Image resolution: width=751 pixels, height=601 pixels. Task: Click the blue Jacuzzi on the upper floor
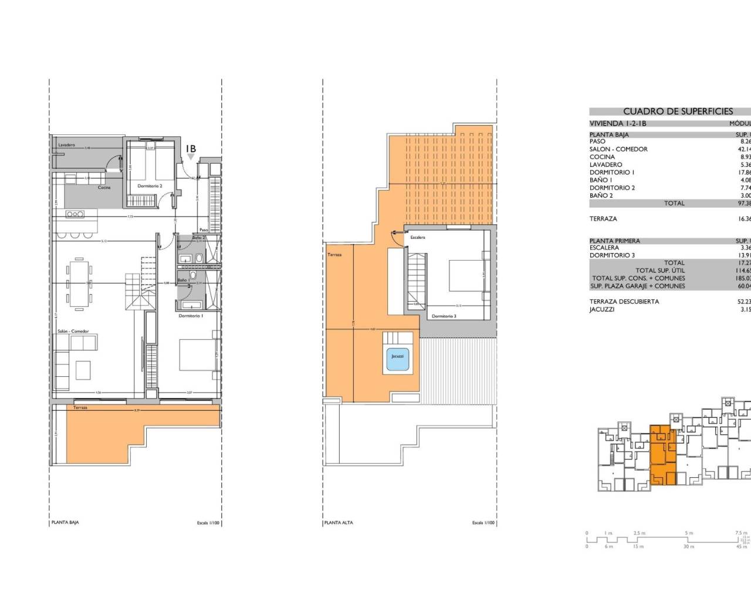click(398, 356)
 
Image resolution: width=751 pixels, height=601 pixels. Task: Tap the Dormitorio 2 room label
click(150, 186)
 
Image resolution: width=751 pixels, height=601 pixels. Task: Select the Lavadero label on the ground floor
click(66, 145)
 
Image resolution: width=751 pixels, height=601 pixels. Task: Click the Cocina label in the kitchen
click(104, 188)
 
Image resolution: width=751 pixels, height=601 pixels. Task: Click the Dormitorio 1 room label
click(191, 316)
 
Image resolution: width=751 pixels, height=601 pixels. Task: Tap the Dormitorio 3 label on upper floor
click(444, 316)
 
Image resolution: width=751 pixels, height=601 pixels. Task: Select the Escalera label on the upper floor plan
click(417, 238)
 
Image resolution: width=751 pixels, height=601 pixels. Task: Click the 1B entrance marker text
click(191, 150)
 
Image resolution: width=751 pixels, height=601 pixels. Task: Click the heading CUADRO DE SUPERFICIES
click(678, 111)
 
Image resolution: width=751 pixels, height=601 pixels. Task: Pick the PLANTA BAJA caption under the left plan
click(65, 522)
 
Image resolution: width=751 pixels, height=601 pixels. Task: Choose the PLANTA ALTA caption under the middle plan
click(339, 522)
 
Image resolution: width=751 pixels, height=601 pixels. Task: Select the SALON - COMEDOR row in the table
click(618, 149)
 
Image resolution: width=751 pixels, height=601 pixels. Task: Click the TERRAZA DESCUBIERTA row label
click(624, 302)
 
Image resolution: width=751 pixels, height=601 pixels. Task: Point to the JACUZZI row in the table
click(601, 309)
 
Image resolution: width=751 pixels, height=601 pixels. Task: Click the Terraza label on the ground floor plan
click(80, 407)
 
